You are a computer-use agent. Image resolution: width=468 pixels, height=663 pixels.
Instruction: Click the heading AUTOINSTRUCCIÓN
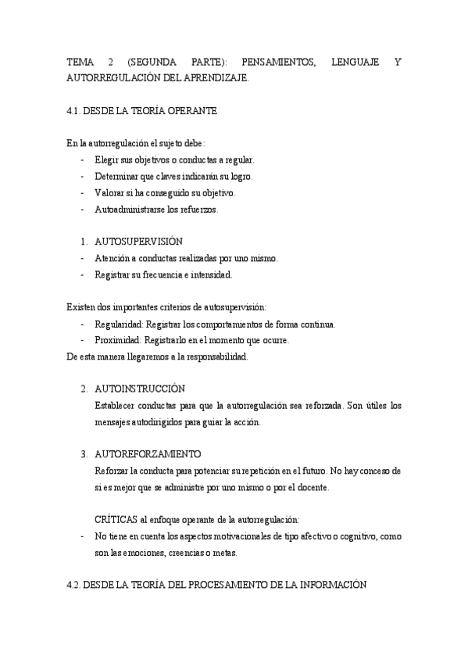point(139,389)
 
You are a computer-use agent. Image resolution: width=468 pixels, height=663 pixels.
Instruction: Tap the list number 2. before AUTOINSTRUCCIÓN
point(84,389)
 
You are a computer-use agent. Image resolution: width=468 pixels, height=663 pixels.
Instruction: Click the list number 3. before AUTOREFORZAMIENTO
point(84,453)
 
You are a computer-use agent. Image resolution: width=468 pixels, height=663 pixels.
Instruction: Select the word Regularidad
point(116,324)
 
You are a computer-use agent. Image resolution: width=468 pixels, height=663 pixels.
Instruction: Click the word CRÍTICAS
point(114,519)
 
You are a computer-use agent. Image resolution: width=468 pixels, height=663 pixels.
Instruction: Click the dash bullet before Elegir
point(83,160)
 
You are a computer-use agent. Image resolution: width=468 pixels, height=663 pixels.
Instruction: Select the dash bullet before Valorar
point(83,193)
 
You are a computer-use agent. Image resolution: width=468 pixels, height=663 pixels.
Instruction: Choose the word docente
point(313,487)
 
